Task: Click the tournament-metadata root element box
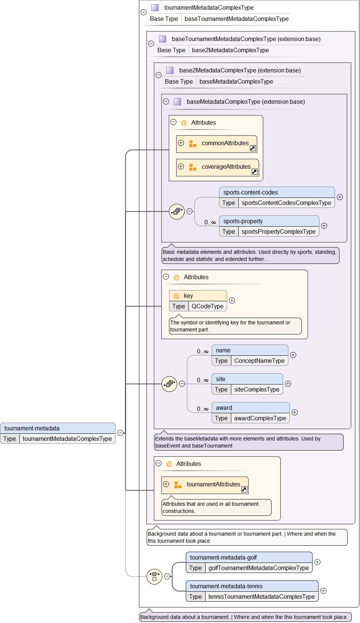(x=58, y=429)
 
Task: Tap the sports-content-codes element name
(x=251, y=193)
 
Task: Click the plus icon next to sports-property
(x=324, y=226)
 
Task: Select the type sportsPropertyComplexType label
(x=278, y=232)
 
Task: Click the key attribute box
(x=198, y=296)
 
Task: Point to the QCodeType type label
(x=207, y=306)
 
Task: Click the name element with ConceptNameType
(x=250, y=351)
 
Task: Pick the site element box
(x=247, y=379)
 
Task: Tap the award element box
(x=250, y=408)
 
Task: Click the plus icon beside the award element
(x=295, y=412)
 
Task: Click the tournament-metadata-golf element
(x=249, y=558)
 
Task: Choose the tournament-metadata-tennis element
(x=252, y=586)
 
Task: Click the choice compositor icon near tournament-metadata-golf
(x=154, y=576)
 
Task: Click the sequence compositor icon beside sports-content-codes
(x=177, y=212)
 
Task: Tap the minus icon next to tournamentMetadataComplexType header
(x=143, y=12)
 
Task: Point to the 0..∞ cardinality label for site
(x=203, y=380)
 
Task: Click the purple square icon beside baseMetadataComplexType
(x=178, y=102)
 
